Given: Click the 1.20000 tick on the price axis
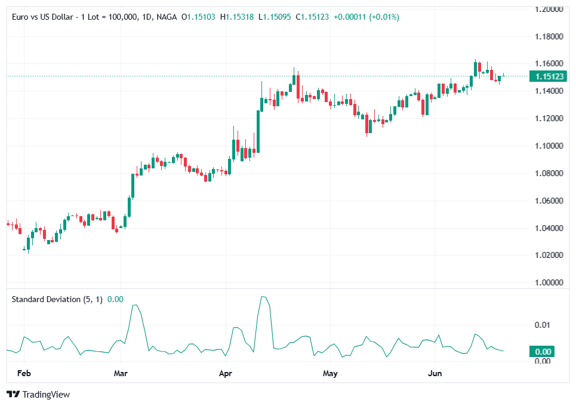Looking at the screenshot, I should (x=549, y=10).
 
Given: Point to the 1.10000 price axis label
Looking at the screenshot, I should (x=549, y=146).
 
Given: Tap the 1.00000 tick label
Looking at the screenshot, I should (x=549, y=282).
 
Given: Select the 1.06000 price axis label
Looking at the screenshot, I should (x=549, y=201).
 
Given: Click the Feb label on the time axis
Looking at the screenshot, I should (x=24, y=373).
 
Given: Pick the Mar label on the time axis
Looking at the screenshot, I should (x=121, y=373).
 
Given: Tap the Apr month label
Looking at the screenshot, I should (x=226, y=373).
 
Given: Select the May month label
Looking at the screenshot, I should (x=330, y=373).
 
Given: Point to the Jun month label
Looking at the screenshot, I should (x=435, y=373).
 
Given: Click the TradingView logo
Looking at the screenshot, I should (x=38, y=394).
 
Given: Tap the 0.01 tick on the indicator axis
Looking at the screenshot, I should (x=542, y=325).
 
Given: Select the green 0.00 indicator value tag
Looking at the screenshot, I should (x=543, y=352).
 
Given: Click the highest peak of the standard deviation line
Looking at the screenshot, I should (x=262, y=296).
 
